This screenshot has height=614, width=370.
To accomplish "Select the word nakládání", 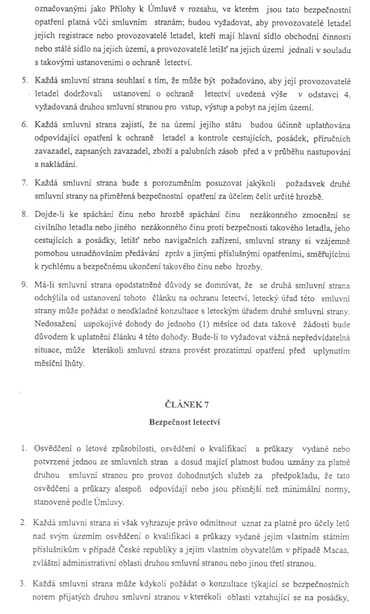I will point(59,163).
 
